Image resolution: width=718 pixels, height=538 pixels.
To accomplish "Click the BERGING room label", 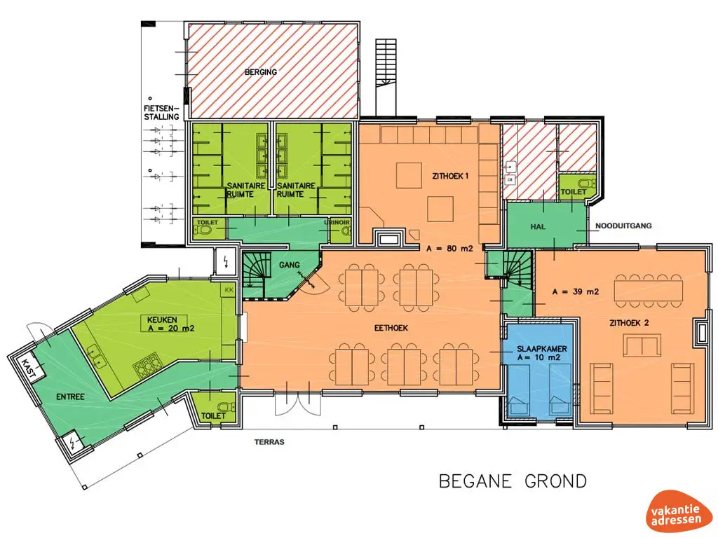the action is [261, 72].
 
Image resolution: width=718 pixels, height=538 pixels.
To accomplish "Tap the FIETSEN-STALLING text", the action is [161, 113].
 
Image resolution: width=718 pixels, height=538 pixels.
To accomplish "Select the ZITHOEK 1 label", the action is [450, 176].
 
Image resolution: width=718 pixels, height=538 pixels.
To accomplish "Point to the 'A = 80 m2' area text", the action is [449, 249].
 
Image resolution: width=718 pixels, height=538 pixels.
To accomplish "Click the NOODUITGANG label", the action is [623, 226].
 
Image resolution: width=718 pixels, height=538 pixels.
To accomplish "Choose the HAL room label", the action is [538, 226].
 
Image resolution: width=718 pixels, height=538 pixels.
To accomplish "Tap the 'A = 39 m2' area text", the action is [576, 291].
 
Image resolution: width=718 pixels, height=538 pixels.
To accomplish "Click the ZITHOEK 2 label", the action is [629, 322].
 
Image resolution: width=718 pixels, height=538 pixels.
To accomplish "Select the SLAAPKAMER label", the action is [542, 349].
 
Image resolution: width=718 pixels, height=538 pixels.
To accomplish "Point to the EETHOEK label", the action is [391, 328].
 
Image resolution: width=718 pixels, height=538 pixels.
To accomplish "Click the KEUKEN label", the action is [162, 319].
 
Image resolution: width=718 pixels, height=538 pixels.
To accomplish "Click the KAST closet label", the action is [28, 368].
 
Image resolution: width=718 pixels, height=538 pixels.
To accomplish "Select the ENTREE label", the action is [71, 396].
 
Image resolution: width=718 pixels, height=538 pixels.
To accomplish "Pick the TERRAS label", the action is [269, 442].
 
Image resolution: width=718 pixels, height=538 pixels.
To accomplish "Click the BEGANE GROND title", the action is [513, 481].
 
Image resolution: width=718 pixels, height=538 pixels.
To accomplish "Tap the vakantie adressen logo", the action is [677, 511].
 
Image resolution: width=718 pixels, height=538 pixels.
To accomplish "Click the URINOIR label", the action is [337, 222].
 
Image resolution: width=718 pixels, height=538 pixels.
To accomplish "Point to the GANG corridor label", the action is [290, 264].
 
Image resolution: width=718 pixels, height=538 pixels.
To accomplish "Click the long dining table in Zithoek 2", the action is [649, 291].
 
